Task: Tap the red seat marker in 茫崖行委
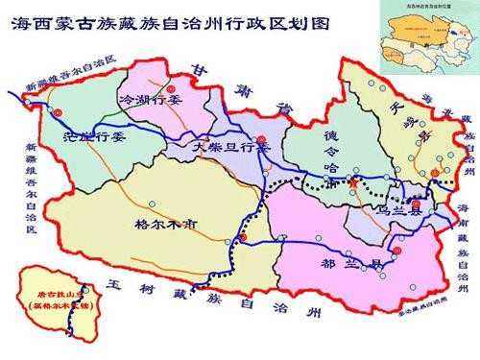tap(58, 113)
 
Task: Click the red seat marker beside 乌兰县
tap(416, 204)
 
